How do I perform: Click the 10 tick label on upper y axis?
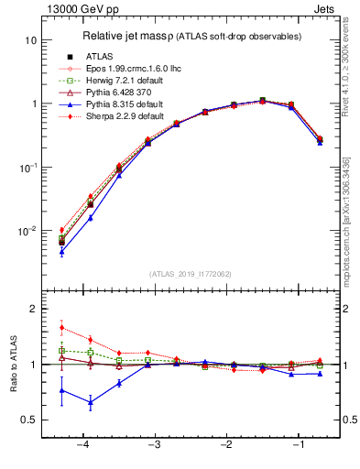tap(30, 41)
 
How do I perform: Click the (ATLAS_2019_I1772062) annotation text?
tap(190, 273)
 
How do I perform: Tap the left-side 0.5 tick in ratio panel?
tap(28, 420)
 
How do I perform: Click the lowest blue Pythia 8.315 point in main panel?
tap(61, 252)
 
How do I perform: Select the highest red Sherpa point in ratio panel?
tap(61, 327)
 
